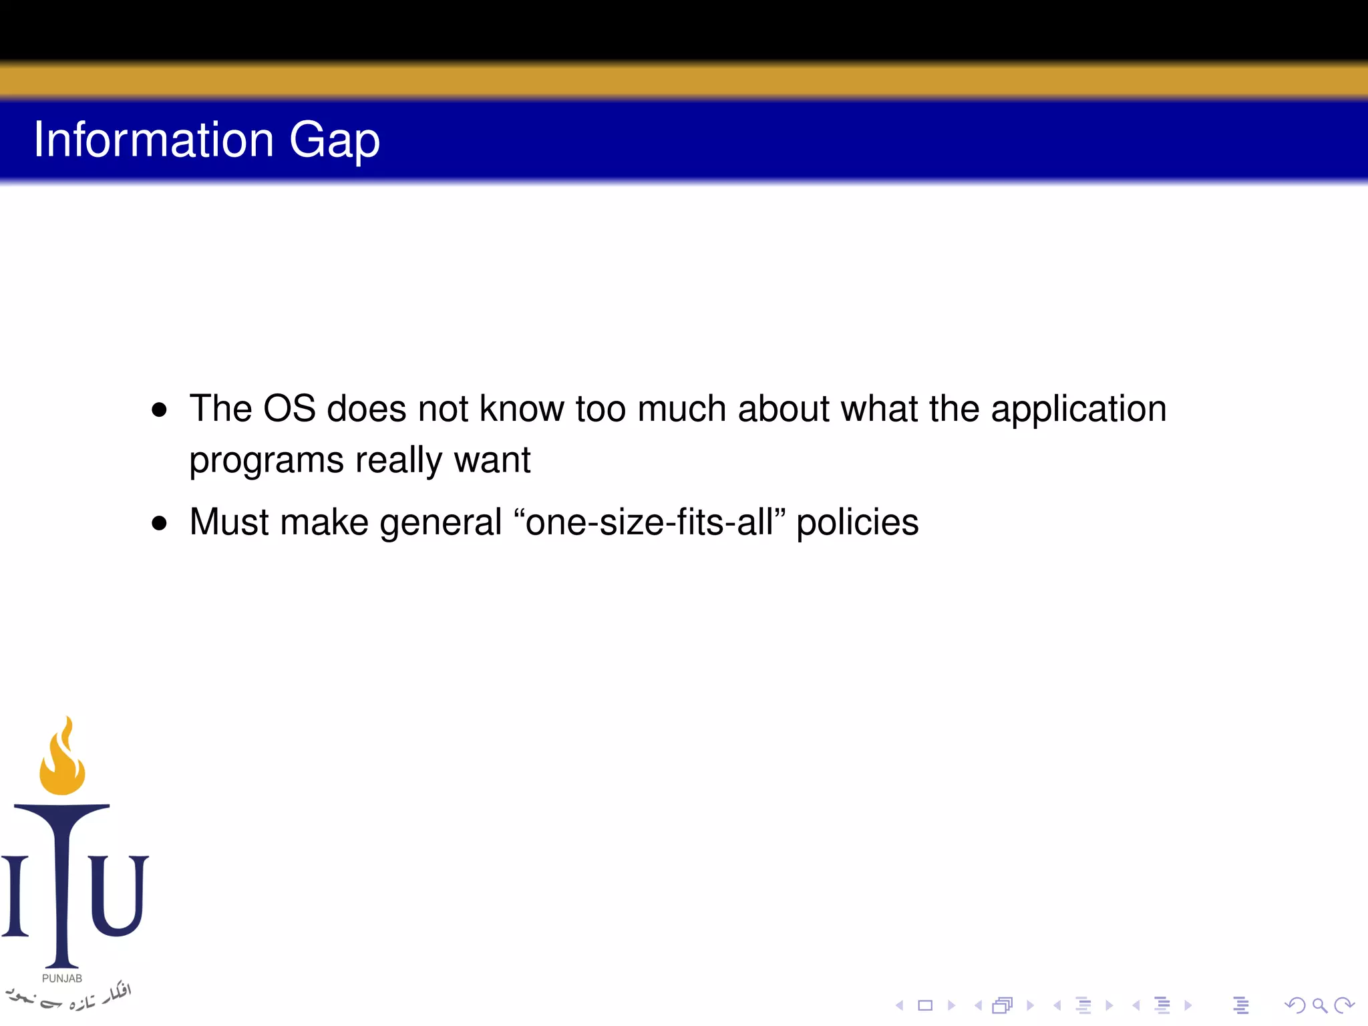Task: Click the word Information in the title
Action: coord(154,140)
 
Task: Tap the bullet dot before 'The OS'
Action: coord(159,409)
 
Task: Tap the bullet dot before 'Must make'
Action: coord(159,523)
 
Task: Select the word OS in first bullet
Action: coord(289,409)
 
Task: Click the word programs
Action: coord(266,461)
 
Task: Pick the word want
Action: coord(492,460)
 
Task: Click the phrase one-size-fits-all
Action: coord(649,522)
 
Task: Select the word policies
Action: coord(857,523)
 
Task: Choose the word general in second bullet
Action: coord(440,523)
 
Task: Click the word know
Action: coord(521,409)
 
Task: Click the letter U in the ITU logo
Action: coord(118,895)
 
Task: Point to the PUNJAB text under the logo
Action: coord(62,979)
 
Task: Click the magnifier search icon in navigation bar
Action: coord(1319,1005)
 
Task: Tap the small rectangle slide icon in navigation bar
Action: coord(925,1005)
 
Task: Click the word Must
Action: coord(228,522)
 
